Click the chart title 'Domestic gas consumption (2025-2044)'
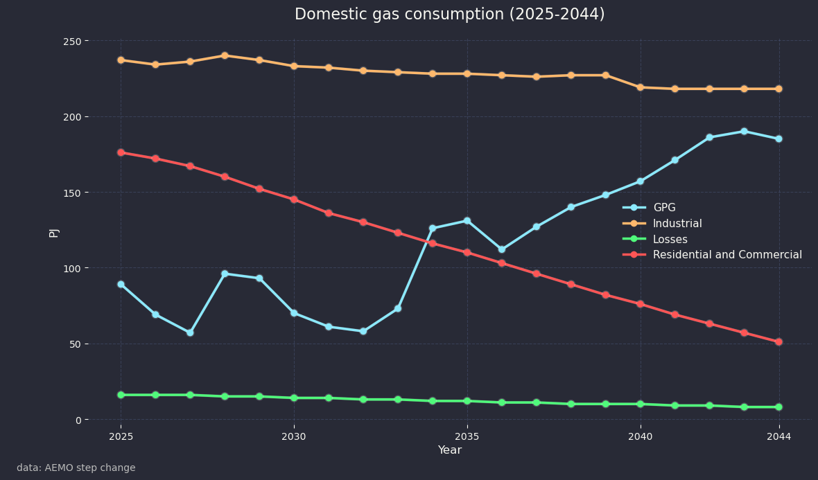click(x=449, y=15)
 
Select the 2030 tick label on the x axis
click(x=294, y=437)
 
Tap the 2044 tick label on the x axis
click(x=778, y=437)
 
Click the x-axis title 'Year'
click(x=449, y=450)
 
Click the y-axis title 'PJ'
click(x=54, y=232)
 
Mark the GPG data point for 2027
click(x=190, y=332)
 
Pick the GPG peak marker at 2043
click(x=744, y=132)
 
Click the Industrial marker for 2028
click(x=225, y=55)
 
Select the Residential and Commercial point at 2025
click(x=121, y=152)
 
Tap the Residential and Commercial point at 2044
click(x=778, y=342)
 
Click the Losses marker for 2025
click(x=121, y=395)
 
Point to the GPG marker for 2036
click(x=501, y=249)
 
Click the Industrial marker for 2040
click(x=640, y=87)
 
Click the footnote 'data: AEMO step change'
click(x=76, y=468)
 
